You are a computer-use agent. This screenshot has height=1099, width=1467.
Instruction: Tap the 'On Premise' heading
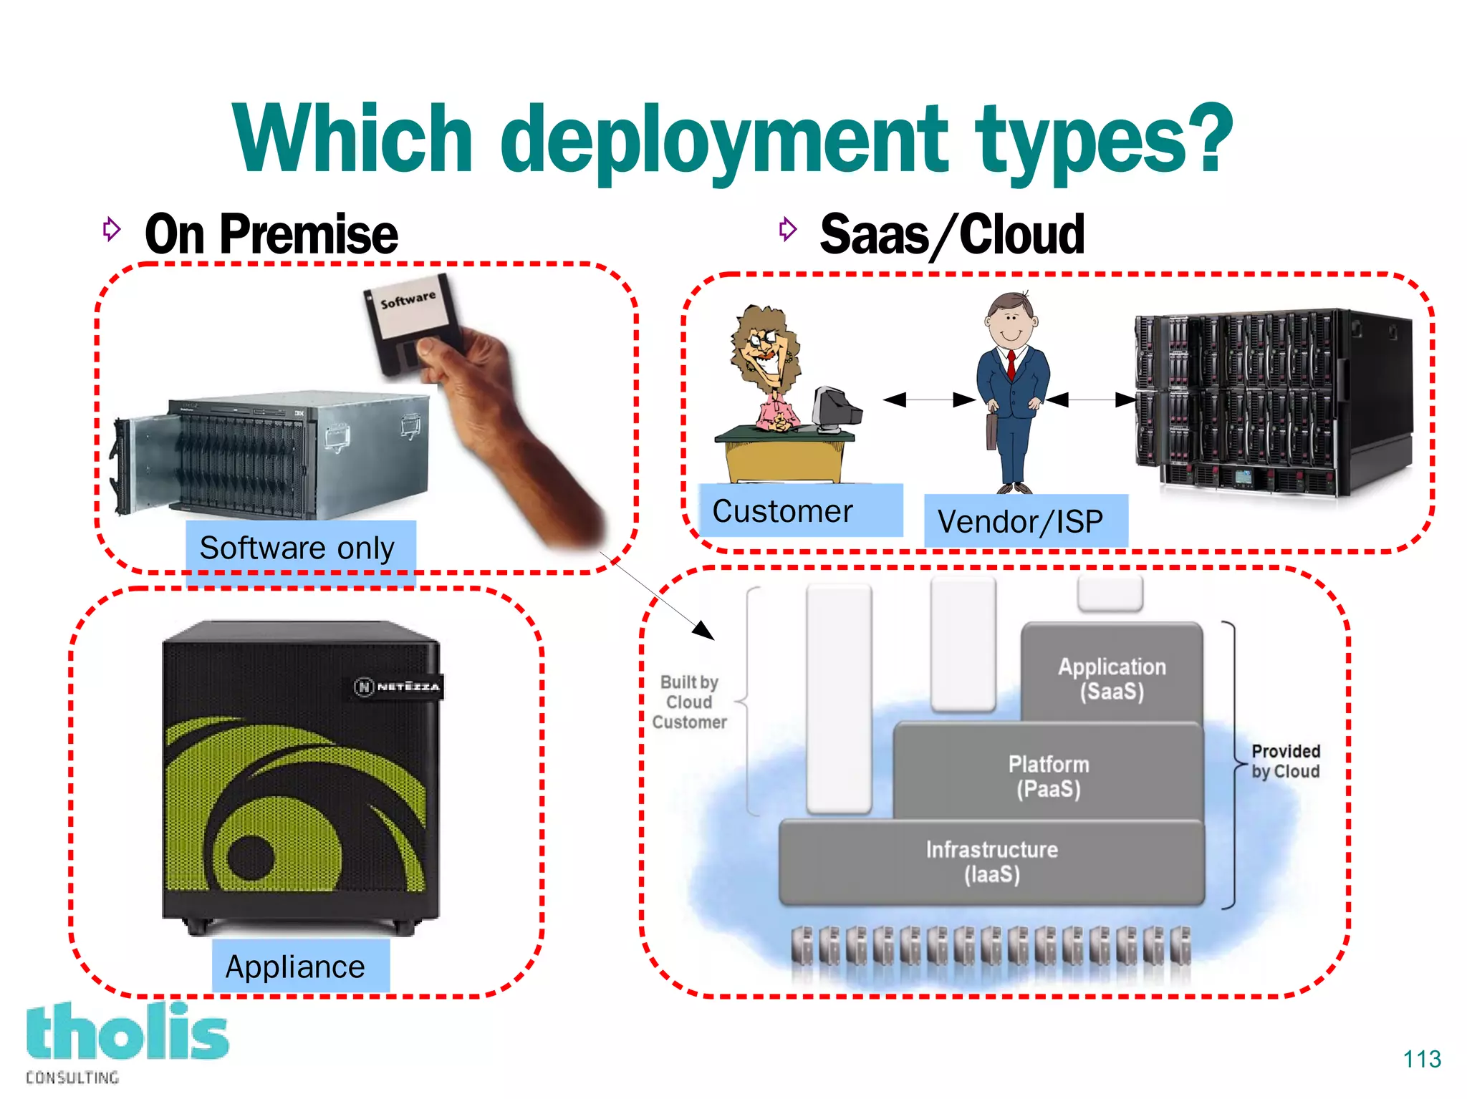coord(271,235)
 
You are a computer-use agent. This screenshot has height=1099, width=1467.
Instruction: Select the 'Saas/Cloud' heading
coord(951,235)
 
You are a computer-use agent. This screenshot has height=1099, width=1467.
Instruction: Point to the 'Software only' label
coord(297,548)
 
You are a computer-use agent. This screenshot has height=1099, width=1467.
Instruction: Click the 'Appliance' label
coord(296,967)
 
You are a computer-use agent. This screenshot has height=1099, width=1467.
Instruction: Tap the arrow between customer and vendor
coord(929,400)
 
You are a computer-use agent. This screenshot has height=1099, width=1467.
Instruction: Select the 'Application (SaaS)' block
coord(1112,678)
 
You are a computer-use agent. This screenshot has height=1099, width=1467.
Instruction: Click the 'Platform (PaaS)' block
coord(1048,776)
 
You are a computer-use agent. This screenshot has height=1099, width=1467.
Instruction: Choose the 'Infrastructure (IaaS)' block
coord(992,861)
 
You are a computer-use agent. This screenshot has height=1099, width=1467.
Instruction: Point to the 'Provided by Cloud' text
coord(1285,761)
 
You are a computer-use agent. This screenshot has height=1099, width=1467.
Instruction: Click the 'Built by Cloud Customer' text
coord(689,702)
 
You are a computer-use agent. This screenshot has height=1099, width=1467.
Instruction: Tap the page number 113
coord(1421,1059)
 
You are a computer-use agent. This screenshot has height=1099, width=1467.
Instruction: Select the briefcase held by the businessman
coord(991,430)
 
